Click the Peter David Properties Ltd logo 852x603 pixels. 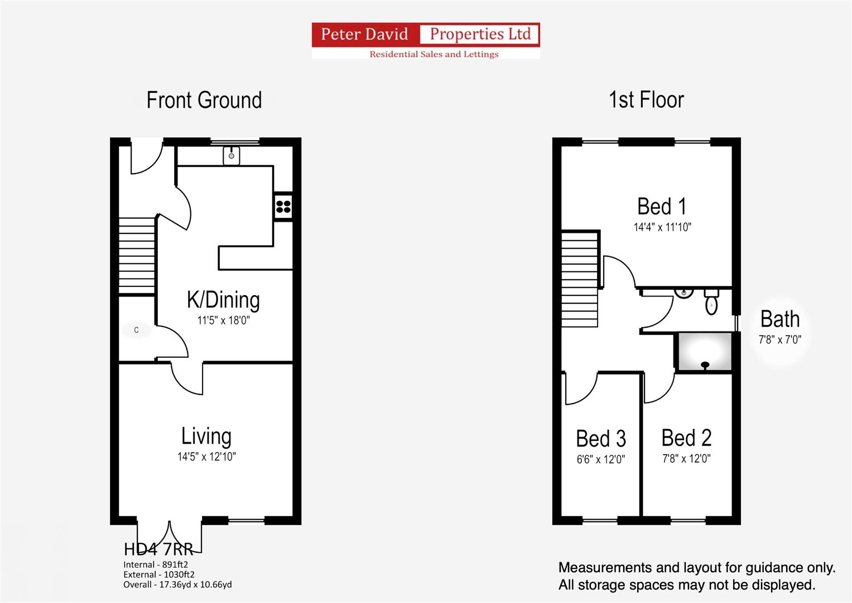(426, 40)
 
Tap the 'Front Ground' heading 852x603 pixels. (204, 100)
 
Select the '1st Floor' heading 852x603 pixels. (646, 100)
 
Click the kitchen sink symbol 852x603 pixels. (231, 155)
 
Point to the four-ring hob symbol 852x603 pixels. (283, 207)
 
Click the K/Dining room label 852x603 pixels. (223, 300)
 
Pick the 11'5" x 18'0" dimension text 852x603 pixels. (223, 320)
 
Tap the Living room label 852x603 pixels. (206, 436)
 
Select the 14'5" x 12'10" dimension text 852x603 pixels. (206, 457)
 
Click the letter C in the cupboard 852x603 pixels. (137, 330)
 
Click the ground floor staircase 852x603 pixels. (137, 256)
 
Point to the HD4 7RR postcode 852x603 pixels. (158, 549)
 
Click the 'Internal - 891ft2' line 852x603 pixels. (156, 564)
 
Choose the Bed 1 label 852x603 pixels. (662, 207)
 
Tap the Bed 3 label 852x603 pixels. (601, 438)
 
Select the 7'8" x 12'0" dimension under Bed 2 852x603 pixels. (686, 459)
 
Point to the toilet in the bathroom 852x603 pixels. (711, 302)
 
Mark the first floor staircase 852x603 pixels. (580, 279)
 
